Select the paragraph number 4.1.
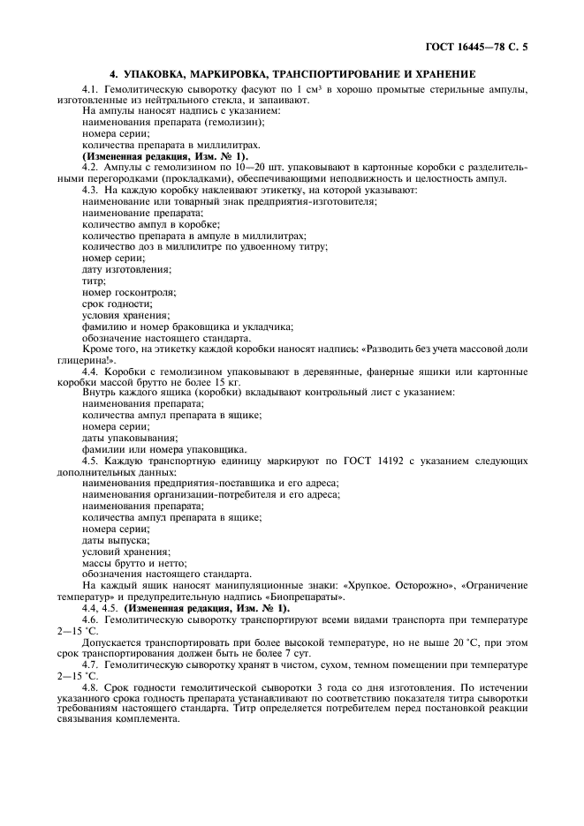pos(91,89)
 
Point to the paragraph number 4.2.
pos(91,166)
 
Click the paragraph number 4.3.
pos(91,190)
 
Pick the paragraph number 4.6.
pos(91,621)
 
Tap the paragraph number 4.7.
pos(91,663)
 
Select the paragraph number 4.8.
pos(91,687)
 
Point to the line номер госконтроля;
pos(129,292)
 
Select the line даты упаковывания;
pos(129,438)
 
